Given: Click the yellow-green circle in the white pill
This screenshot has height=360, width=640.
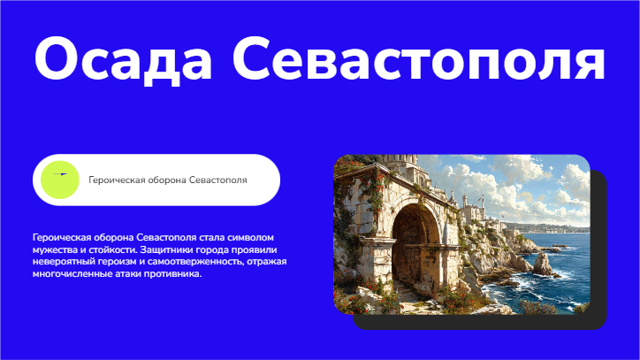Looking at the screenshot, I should coord(60,180).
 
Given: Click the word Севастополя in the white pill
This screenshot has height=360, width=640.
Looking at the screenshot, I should coord(217,180).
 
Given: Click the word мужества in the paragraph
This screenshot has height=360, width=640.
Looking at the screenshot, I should coord(54,250).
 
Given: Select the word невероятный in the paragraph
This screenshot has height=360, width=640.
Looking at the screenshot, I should coord(60,262).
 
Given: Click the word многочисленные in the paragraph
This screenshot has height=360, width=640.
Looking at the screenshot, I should coord(71,273).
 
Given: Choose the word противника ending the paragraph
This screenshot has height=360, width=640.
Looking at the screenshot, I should coord(174,273).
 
